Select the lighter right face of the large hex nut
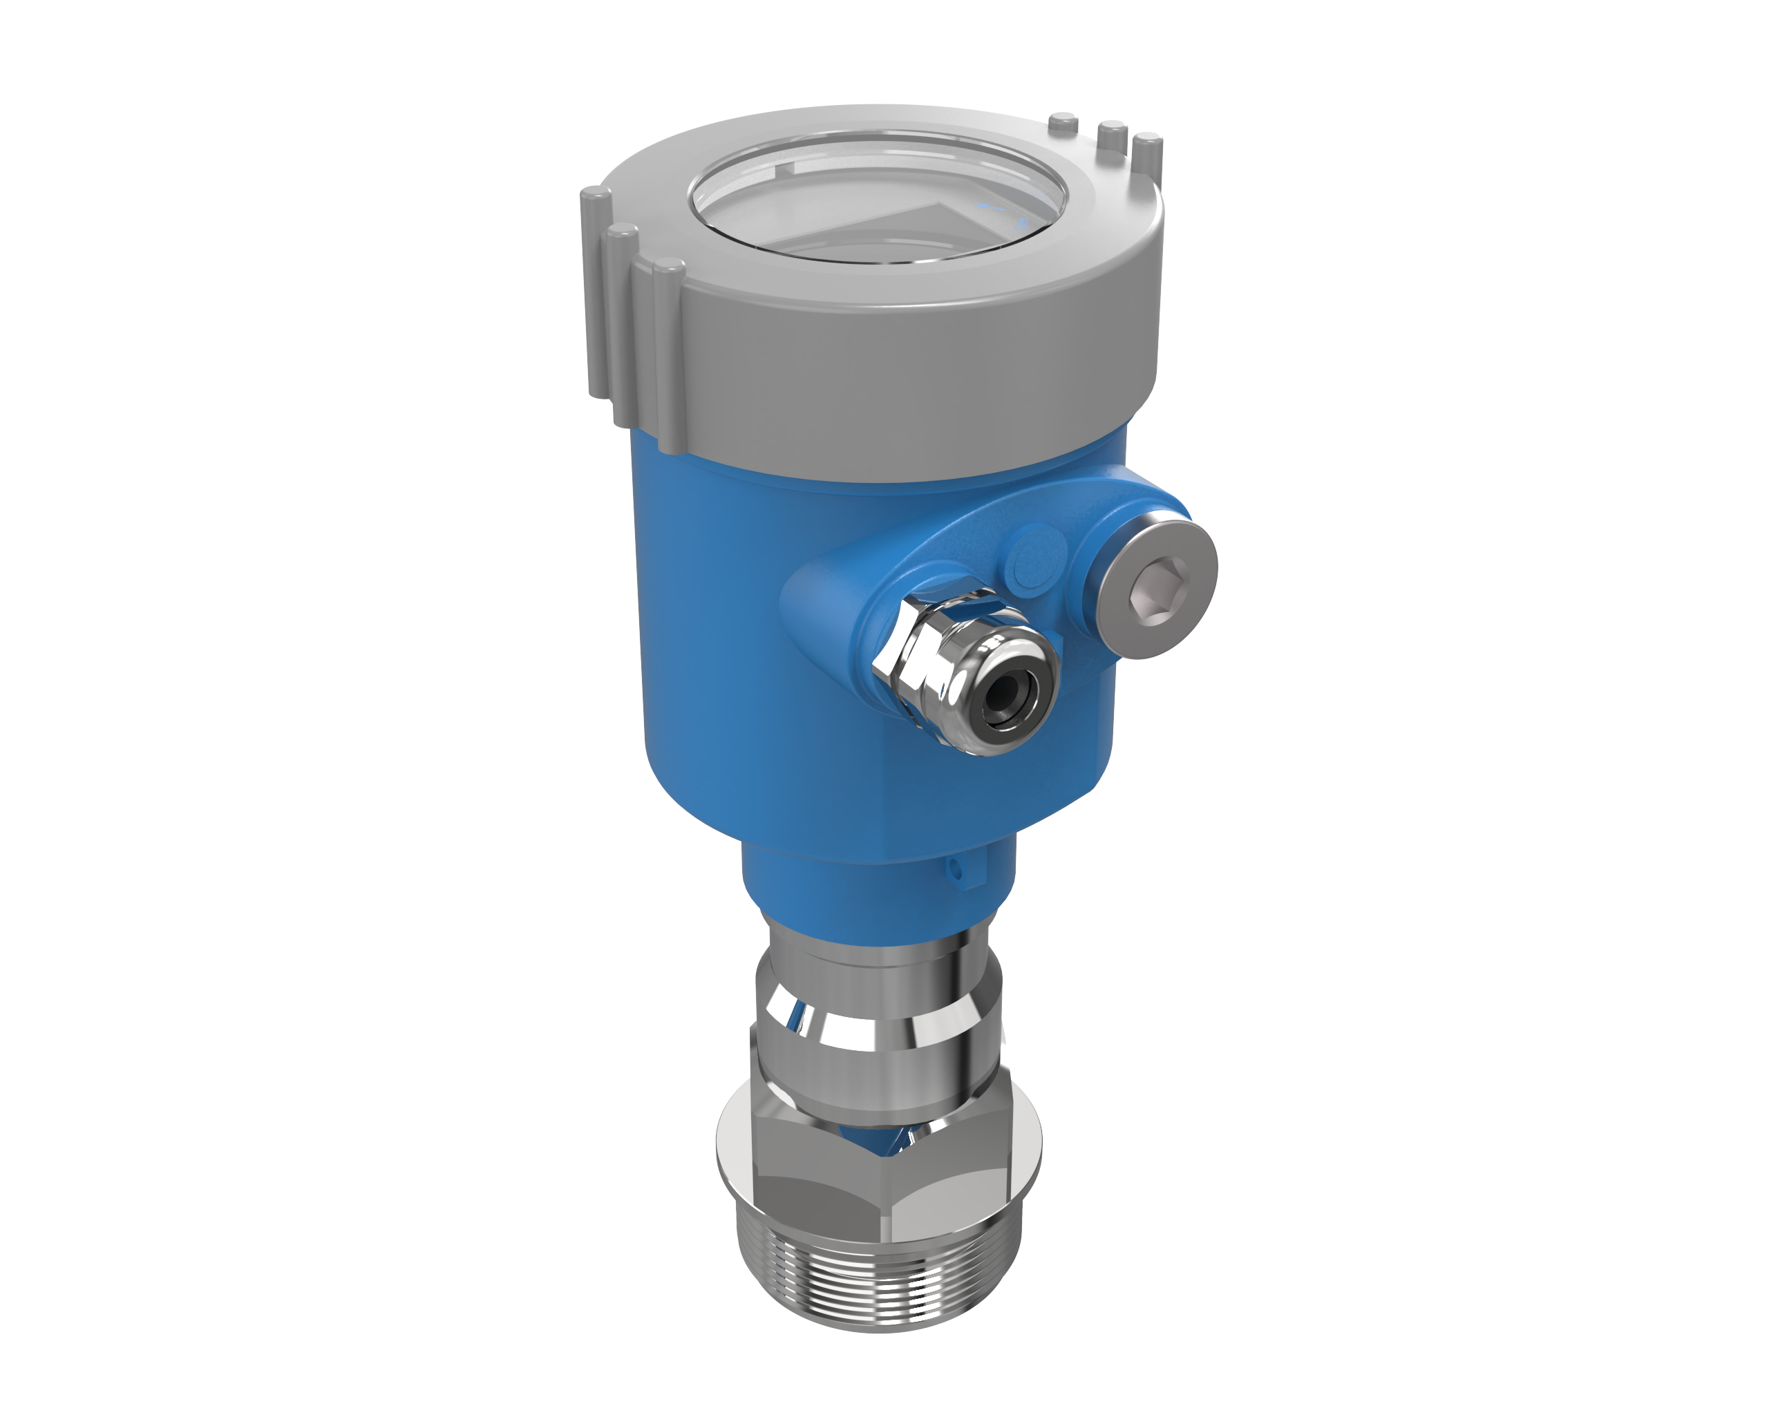point(952,1197)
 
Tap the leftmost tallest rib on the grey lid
point(596,287)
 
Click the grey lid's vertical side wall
point(902,386)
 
